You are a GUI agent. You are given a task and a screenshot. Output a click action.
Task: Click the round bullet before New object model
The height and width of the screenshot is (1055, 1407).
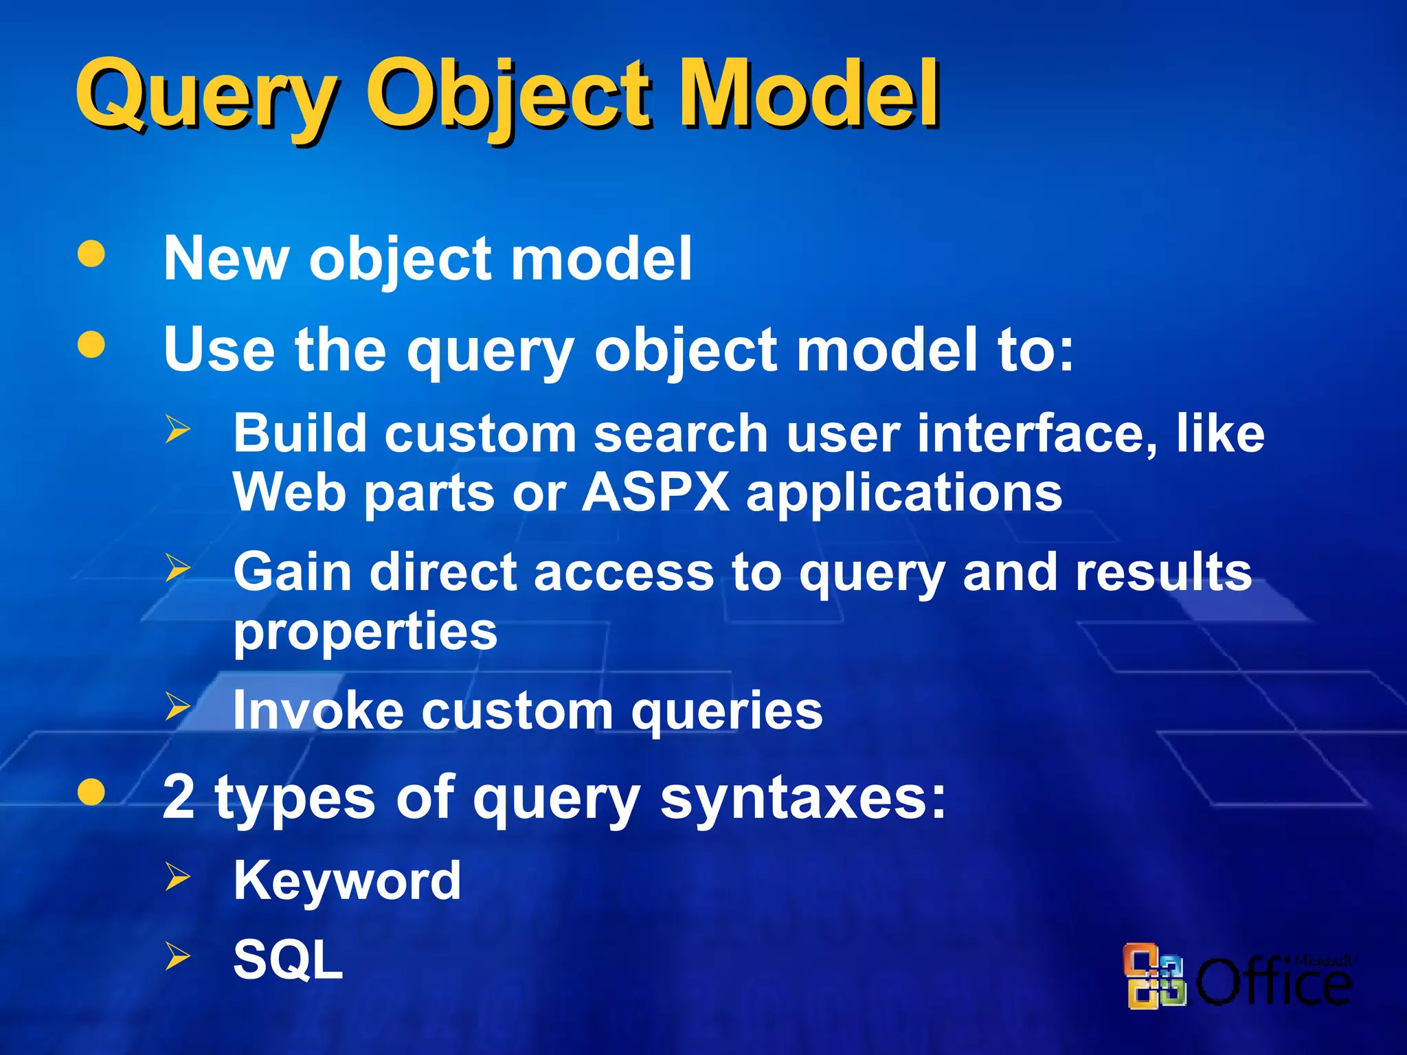coord(91,253)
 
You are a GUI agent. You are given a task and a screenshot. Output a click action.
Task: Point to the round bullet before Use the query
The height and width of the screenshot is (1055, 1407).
coord(91,345)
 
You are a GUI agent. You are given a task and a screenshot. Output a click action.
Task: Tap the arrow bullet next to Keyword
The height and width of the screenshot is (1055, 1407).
coord(177,877)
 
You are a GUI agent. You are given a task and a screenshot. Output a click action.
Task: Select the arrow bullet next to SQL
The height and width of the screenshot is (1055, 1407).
coord(177,956)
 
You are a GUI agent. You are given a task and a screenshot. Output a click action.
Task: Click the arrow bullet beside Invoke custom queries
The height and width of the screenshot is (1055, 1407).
coord(177,706)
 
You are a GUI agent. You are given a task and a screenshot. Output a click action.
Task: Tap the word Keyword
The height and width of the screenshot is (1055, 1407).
coord(347,881)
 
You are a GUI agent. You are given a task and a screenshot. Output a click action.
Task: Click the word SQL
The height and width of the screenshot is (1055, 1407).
coord(288,960)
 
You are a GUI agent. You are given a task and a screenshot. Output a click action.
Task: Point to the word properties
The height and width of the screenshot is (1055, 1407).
coord(365,632)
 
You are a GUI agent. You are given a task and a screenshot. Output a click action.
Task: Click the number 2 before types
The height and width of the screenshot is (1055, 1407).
coord(179,797)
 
